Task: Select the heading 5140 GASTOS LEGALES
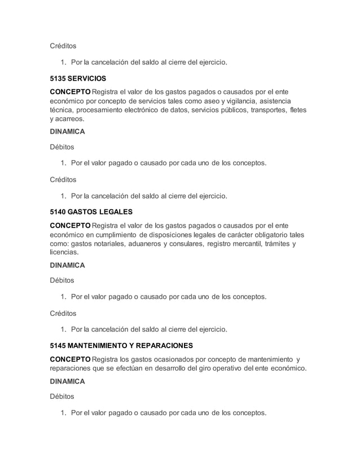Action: point(91,212)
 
